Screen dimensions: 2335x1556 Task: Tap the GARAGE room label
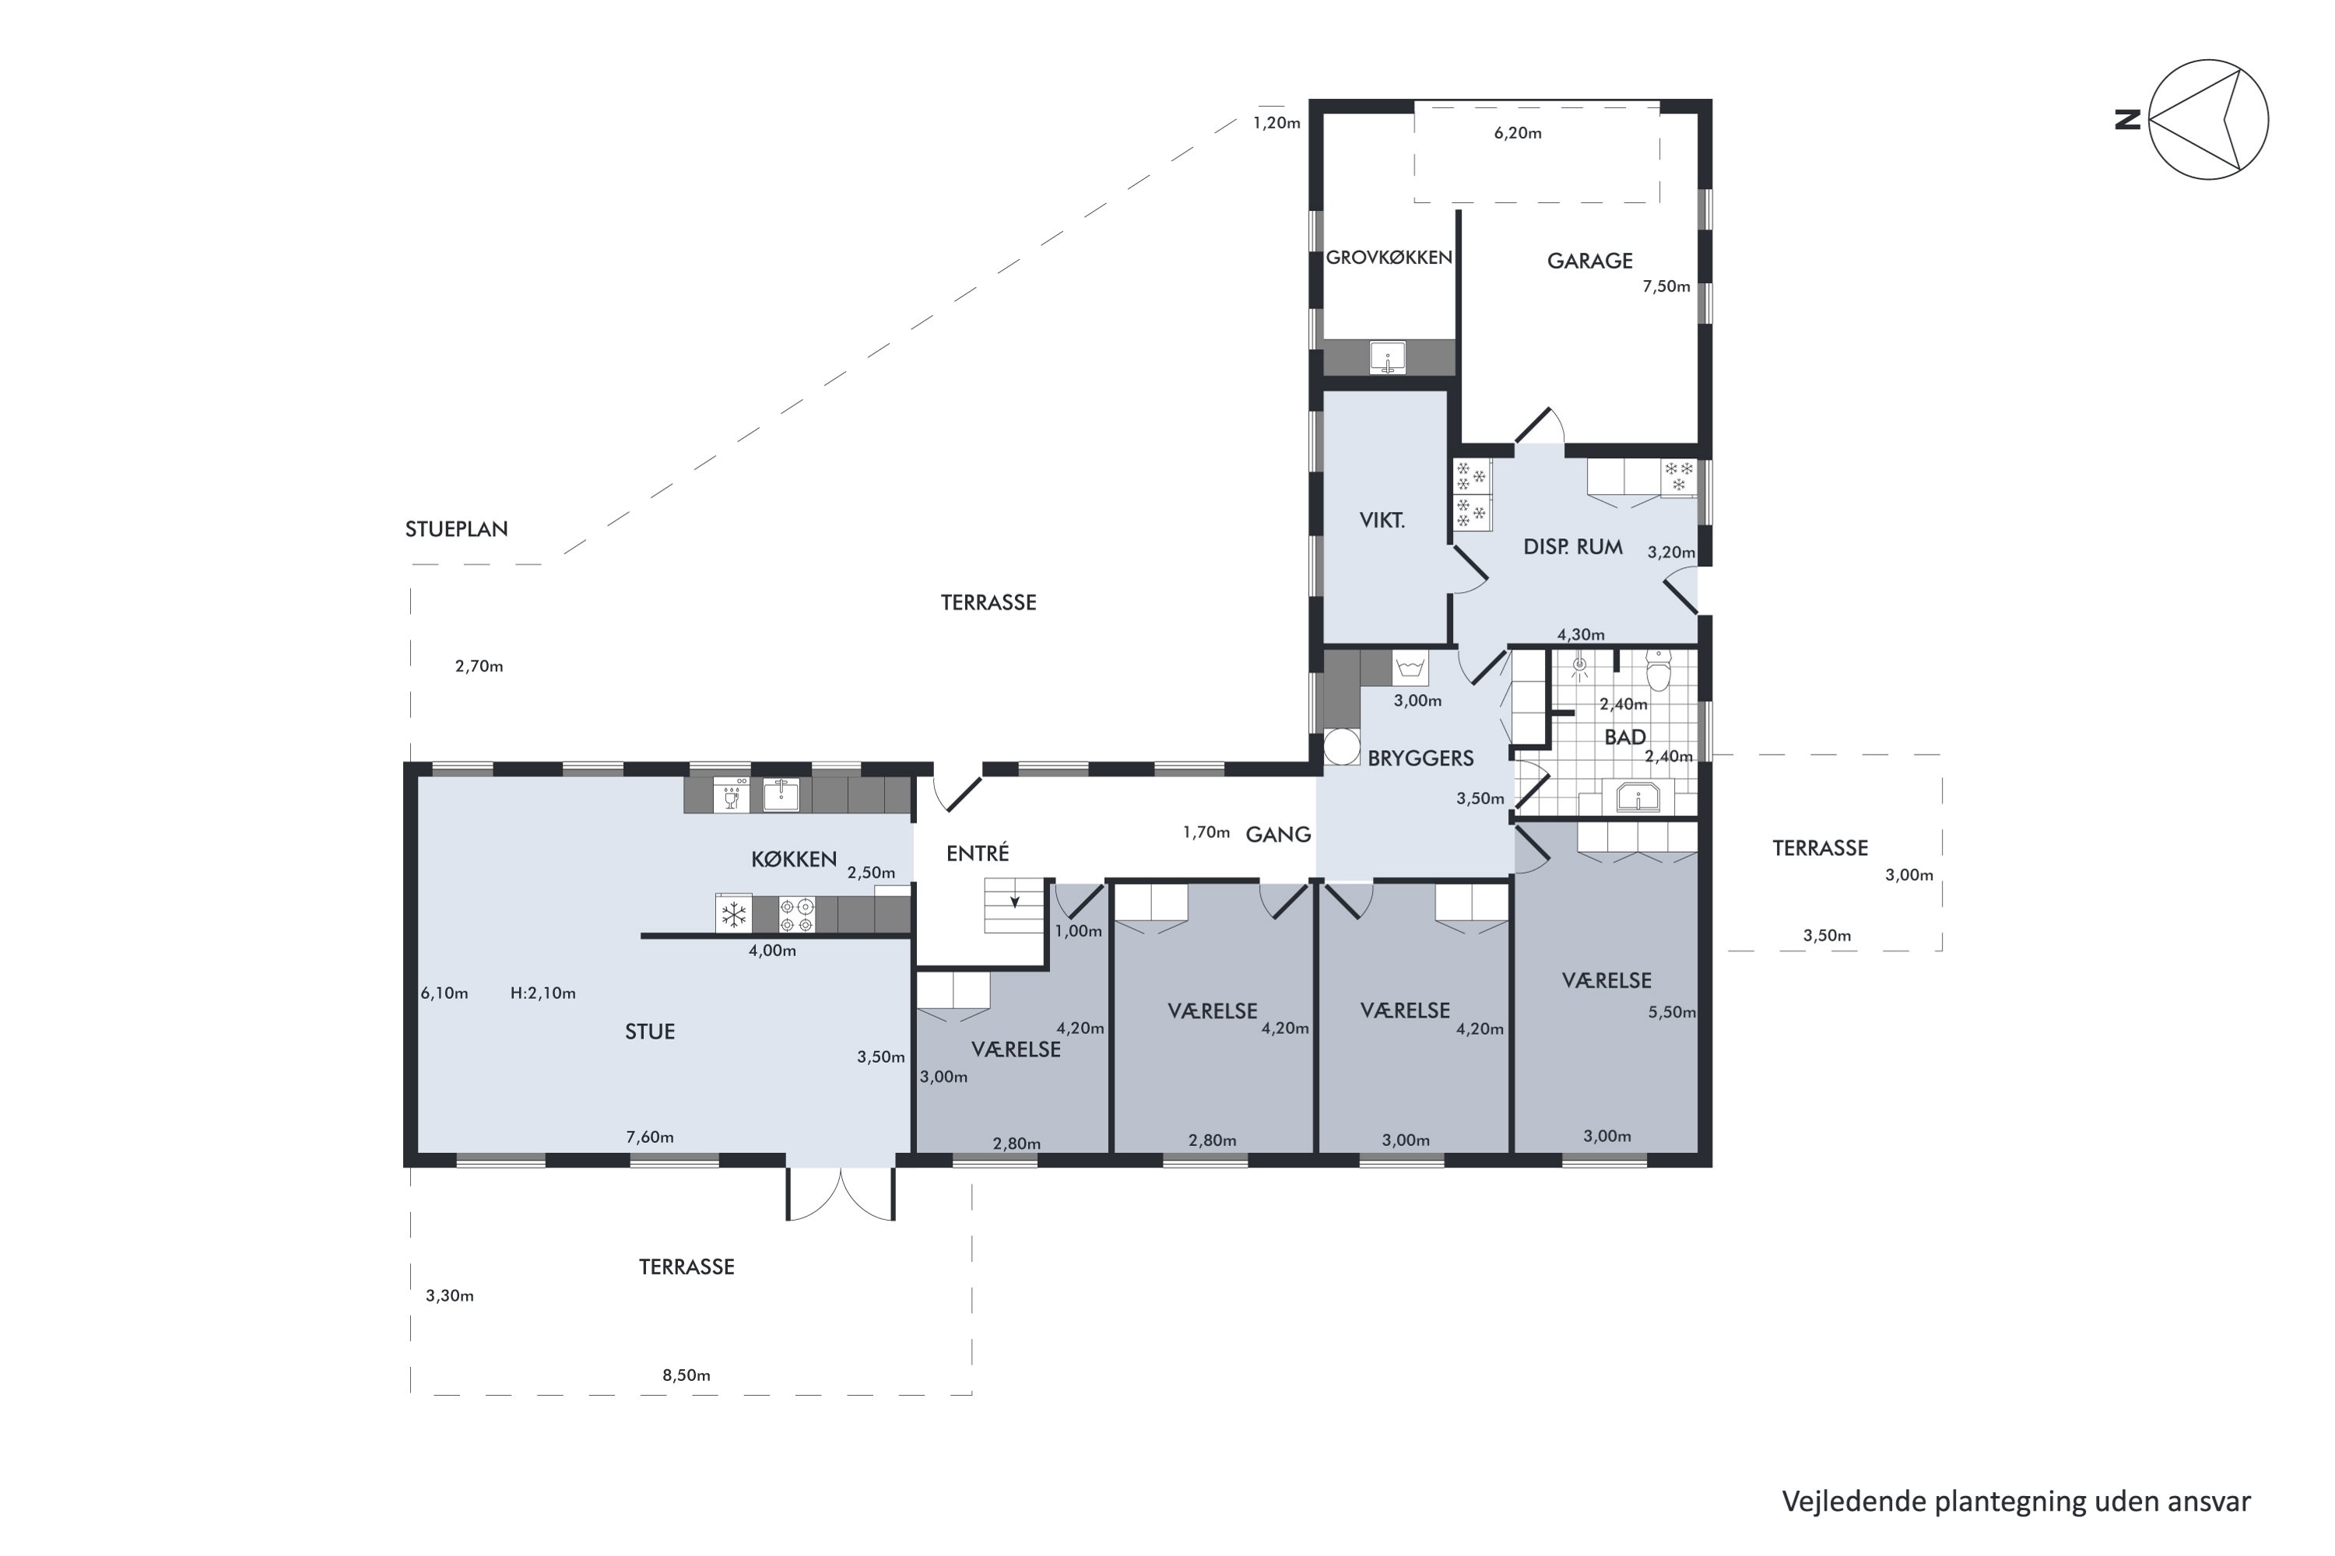click(1589, 261)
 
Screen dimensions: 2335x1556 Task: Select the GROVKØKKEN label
click(1389, 257)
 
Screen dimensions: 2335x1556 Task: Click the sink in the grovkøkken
click(1388, 357)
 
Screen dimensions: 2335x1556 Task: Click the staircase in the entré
click(1013, 905)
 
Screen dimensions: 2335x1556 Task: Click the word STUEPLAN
click(457, 529)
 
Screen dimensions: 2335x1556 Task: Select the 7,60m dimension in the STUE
click(649, 1137)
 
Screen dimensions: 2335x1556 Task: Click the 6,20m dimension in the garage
click(1517, 133)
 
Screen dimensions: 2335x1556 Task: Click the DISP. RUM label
click(1572, 547)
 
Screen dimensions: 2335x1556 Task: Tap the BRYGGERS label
click(1420, 758)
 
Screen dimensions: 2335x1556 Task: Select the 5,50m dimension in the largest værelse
click(1672, 1012)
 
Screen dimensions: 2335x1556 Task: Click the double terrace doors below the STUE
click(841, 1193)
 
